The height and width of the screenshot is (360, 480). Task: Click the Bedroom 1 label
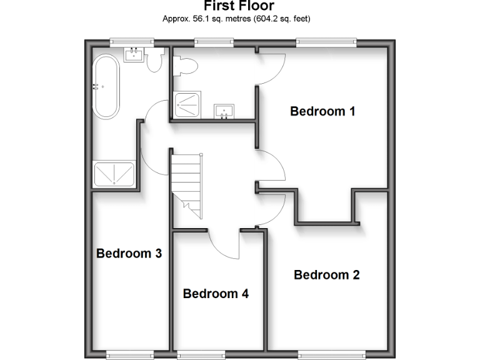(x=322, y=112)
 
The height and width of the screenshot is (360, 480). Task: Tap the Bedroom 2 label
(x=326, y=275)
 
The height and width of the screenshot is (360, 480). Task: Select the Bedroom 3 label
(x=129, y=254)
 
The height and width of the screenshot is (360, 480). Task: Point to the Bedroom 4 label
(x=216, y=294)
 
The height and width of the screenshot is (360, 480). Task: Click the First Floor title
(x=239, y=6)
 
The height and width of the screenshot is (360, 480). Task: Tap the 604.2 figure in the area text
(x=262, y=19)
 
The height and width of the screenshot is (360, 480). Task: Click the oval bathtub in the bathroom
(x=106, y=87)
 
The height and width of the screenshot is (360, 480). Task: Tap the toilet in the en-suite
(x=186, y=64)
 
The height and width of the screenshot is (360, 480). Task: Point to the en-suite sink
(x=223, y=111)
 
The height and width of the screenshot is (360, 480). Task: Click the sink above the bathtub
(x=132, y=55)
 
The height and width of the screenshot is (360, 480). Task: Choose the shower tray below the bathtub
(x=114, y=174)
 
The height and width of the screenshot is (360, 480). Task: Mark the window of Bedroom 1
(x=326, y=42)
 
